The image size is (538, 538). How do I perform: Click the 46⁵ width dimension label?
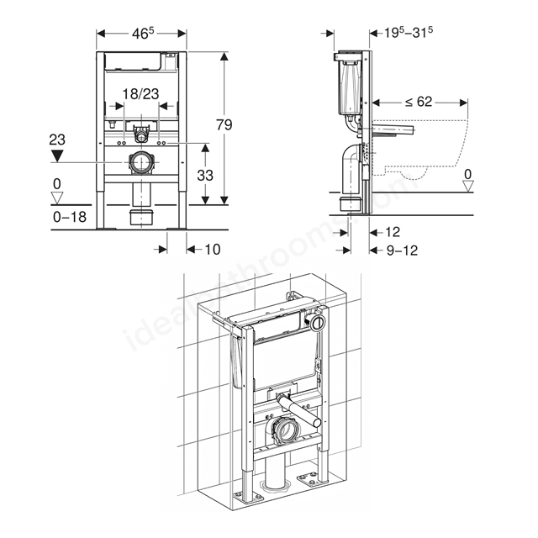click(143, 34)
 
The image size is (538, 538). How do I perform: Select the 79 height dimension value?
click(224, 124)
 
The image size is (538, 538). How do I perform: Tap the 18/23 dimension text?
click(140, 93)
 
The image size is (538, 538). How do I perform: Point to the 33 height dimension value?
click(205, 176)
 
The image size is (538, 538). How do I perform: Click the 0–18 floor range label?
click(70, 217)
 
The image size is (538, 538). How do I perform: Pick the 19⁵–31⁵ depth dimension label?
click(408, 32)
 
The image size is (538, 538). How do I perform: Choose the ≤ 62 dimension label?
click(419, 102)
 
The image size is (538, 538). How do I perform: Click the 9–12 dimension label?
click(402, 251)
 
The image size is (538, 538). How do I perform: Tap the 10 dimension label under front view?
click(213, 250)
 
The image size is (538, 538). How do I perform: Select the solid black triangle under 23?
click(57, 155)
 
